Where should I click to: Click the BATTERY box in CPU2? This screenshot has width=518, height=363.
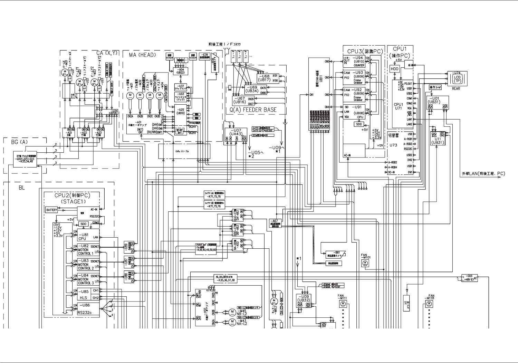tap(51, 210)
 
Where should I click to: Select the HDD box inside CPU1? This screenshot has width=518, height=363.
tap(395, 69)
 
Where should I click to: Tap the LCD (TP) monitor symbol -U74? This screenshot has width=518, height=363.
tap(457, 78)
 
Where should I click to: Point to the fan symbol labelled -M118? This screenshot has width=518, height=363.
tap(429, 304)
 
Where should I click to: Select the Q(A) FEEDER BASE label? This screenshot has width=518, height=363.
tap(253, 110)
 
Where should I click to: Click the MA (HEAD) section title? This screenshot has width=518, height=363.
tap(143, 55)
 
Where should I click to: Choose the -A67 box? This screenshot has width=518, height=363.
tap(275, 223)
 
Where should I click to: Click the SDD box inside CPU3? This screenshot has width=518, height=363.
tap(359, 124)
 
